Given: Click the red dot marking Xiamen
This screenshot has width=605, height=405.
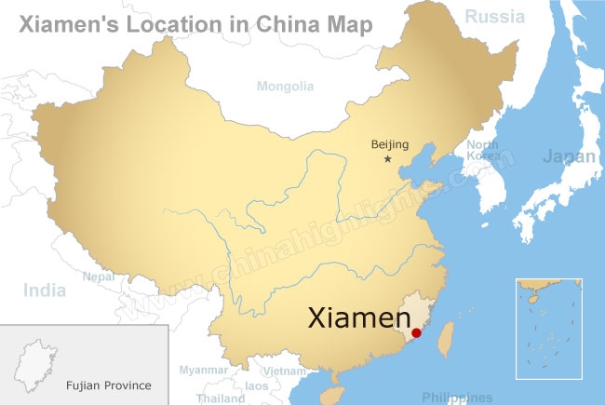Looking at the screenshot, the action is coord(416,332).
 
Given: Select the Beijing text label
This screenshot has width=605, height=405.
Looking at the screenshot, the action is coord(390,144).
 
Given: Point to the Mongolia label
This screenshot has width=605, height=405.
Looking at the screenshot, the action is coord(285,87).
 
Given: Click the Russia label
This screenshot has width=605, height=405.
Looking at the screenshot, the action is coord(496,16).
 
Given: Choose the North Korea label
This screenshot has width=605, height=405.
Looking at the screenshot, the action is coord(482,151).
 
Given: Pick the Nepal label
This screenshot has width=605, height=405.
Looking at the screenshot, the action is coord(99,277).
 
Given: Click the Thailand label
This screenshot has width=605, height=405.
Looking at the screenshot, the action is coord(221,398).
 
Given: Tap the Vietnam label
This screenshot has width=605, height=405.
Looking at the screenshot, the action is coord(284,371).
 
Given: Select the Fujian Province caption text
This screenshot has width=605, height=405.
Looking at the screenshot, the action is coord(108,385).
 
